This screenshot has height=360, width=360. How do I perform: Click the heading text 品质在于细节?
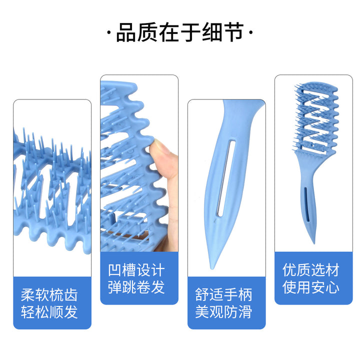(x=180, y=32)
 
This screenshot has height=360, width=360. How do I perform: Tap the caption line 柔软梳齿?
(x=49, y=295)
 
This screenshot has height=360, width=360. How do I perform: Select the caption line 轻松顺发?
(x=49, y=312)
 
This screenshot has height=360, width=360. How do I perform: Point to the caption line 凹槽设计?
(x=136, y=270)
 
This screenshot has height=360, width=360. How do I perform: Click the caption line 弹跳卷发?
(x=136, y=287)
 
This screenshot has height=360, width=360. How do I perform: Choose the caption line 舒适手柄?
(x=223, y=295)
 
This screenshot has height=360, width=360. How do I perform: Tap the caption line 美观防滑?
(x=223, y=312)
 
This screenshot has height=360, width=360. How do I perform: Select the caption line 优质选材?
(x=311, y=270)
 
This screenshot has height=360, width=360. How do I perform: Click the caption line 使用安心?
(x=311, y=287)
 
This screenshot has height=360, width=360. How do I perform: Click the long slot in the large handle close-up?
(x=226, y=178)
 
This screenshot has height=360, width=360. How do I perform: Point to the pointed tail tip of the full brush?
(x=313, y=242)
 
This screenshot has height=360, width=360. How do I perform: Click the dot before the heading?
(x=109, y=33)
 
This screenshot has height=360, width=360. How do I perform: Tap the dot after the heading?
(x=250, y=33)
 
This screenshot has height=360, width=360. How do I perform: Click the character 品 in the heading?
(x=126, y=32)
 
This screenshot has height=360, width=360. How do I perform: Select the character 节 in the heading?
(x=234, y=32)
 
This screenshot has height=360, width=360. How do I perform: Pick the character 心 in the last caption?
(x=332, y=287)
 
